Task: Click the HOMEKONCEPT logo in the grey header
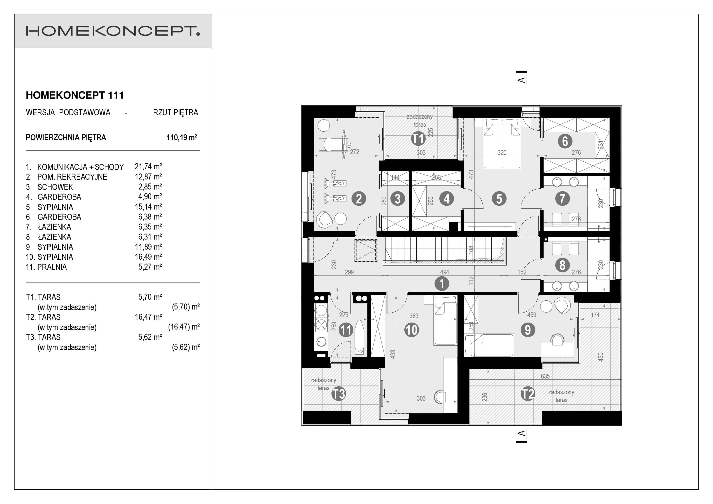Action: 113,31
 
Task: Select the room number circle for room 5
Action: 499,199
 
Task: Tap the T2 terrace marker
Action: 528,394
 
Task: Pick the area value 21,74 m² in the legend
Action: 148,167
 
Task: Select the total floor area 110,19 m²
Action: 182,138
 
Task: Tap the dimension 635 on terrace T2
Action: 545,376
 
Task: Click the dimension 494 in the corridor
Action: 444,272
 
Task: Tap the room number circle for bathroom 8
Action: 562,265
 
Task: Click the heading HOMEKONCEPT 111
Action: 75,95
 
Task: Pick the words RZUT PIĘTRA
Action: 176,112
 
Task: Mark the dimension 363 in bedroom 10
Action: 414,316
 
